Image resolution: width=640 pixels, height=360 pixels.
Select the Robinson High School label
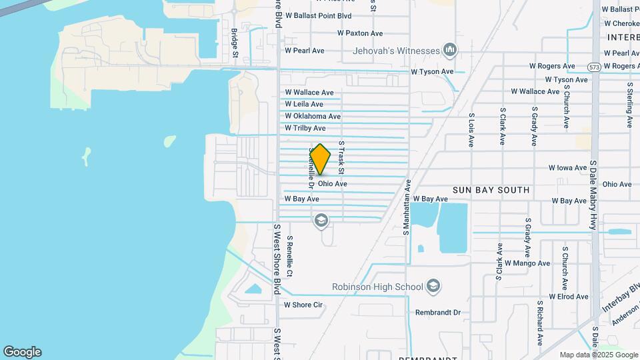[x=377, y=287]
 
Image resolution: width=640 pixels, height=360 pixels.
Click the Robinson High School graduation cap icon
[x=433, y=286]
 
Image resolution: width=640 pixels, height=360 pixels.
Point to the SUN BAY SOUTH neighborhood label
[x=491, y=190]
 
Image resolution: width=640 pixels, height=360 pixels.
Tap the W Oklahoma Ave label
[x=313, y=116]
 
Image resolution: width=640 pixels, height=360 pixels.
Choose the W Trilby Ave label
[x=305, y=128]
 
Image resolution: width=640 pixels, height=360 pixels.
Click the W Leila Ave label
[x=303, y=104]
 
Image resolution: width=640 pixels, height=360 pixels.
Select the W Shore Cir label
[x=303, y=305]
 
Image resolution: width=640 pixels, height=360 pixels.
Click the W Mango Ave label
[x=527, y=263]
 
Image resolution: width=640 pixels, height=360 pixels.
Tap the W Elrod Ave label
[x=569, y=297]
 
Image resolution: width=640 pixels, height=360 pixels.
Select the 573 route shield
[x=595, y=67]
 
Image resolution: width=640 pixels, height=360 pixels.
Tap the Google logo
[x=22, y=352]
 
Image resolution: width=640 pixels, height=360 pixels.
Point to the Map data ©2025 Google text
[x=597, y=355]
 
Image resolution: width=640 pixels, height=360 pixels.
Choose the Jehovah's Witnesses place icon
[x=450, y=50]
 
